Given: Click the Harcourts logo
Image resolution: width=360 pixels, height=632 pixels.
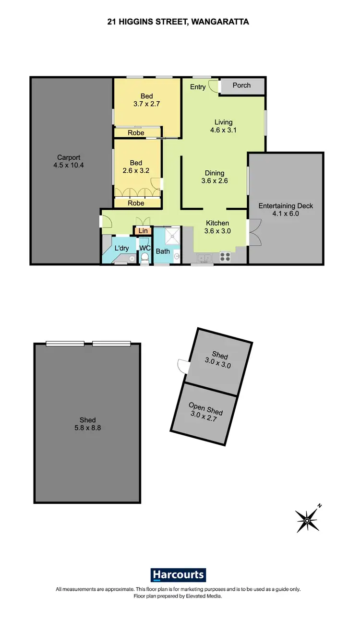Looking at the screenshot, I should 178,575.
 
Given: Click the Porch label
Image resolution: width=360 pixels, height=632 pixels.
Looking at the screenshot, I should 241,85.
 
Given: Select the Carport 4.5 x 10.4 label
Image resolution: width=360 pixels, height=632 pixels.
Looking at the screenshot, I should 69,161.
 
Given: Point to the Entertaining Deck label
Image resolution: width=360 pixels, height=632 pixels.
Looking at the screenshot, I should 286,210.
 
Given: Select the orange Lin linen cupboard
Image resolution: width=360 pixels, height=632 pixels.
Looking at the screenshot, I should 143,231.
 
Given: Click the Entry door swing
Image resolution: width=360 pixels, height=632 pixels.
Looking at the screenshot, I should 215,86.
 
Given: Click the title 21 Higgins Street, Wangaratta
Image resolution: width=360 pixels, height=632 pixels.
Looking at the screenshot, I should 178,22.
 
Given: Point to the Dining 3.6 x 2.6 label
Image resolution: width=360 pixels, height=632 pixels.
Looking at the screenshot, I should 215,177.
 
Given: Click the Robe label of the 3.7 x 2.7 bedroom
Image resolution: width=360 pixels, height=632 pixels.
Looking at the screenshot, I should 136,133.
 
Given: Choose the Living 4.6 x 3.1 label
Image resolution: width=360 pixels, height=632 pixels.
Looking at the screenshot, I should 224,126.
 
